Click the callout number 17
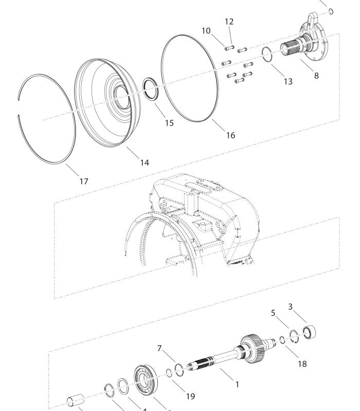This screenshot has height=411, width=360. point(84,181)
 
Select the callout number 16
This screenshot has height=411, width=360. point(230,135)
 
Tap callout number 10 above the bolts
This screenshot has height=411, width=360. point(206,31)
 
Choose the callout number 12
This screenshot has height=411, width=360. point(229,22)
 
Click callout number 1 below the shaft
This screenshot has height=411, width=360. point(237,384)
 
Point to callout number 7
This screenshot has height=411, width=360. point(160,349)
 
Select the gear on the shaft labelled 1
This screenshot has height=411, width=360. point(255,350)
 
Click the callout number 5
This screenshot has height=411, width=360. point(273,311)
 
